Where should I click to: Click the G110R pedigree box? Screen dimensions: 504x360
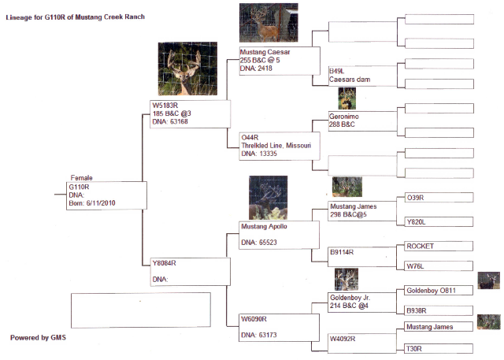pyautogui.click(x=106, y=195)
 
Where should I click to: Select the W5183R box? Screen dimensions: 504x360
pyautogui.click(x=190, y=114)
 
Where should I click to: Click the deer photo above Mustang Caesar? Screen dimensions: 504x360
pyautogui.click(x=269, y=23)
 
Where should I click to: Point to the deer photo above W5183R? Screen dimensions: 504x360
pyautogui.click(x=187, y=69)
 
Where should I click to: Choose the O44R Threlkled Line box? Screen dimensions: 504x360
pyautogui.click(x=280, y=146)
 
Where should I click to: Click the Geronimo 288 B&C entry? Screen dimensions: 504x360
pyautogui.click(x=362, y=121)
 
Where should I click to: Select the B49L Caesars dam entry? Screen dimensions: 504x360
pyautogui.click(x=362, y=76)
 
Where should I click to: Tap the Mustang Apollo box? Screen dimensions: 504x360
pyautogui.click(x=279, y=235)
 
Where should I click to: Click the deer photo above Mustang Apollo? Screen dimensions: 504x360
pyautogui.click(x=268, y=198)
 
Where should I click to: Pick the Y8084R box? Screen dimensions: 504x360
pyautogui.click(x=191, y=272)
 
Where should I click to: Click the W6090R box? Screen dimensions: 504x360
pyautogui.click(x=279, y=328)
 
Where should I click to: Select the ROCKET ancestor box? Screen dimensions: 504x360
pyautogui.click(x=439, y=247)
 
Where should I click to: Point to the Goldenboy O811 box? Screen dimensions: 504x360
pyautogui.click(x=439, y=291)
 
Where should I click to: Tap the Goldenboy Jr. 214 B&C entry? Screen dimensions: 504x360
pyautogui.click(x=362, y=302)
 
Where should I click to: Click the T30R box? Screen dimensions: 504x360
pyautogui.click(x=439, y=349)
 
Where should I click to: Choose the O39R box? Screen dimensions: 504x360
pyautogui.click(x=439, y=198)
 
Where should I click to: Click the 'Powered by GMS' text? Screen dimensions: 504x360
pyautogui.click(x=38, y=338)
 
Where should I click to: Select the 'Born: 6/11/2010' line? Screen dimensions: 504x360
pyautogui.click(x=92, y=203)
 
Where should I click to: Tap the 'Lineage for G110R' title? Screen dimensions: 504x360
pyautogui.click(x=76, y=17)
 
